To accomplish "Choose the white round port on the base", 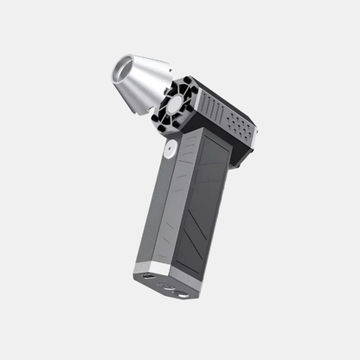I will tap(182, 293).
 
